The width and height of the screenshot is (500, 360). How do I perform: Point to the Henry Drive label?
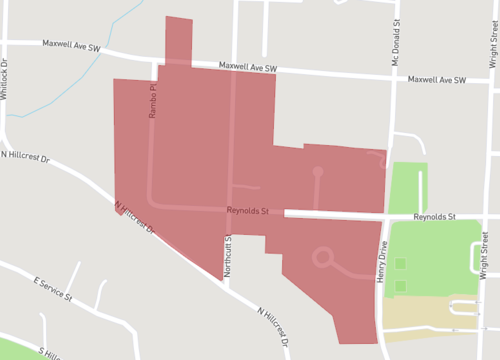[383, 249]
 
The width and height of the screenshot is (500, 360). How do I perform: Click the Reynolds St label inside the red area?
[249, 211]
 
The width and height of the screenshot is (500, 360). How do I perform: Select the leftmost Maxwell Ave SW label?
[72, 45]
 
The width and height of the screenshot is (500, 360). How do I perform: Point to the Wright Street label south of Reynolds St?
[484, 255]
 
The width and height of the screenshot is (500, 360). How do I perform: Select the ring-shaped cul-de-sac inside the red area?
[322, 258]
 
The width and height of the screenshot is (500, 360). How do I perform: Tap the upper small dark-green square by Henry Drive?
[401, 264]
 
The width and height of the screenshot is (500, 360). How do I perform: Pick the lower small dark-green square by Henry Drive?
[401, 286]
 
